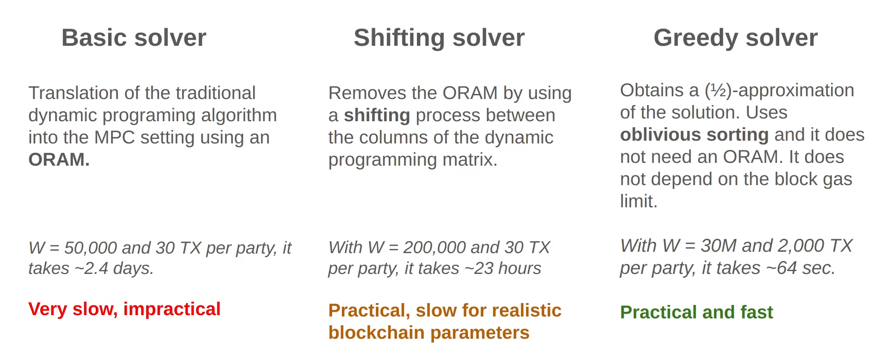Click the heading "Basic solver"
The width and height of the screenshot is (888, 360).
click(x=134, y=37)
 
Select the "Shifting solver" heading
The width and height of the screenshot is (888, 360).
click(x=439, y=38)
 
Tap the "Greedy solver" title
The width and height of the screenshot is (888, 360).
click(x=735, y=38)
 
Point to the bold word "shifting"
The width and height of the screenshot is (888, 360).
click(x=377, y=116)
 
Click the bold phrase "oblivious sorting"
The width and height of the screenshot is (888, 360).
click(x=694, y=135)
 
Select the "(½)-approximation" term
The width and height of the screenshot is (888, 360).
click(x=779, y=91)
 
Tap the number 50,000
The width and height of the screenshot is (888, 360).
click(x=91, y=248)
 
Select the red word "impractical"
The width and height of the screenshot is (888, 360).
click(x=172, y=309)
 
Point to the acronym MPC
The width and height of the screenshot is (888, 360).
click(x=115, y=138)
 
